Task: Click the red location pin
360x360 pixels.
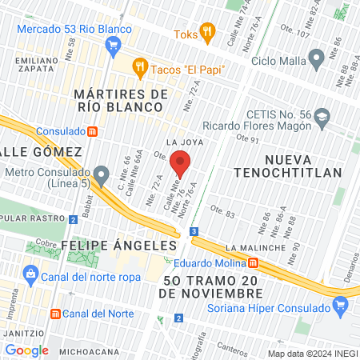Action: tap(181, 162)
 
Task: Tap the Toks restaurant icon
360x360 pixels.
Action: tap(207, 33)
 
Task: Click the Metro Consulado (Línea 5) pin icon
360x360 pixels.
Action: tap(102, 174)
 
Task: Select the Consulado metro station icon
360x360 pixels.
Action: tap(93, 130)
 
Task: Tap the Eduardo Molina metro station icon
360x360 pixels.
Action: tap(254, 262)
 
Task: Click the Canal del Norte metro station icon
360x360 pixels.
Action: tap(55, 313)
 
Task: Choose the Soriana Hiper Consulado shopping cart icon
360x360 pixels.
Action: tap(341, 304)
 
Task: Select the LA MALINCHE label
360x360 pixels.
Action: tap(255, 248)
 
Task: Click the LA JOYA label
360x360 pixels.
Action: tap(181, 142)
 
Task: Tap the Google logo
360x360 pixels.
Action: tap(26, 350)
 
